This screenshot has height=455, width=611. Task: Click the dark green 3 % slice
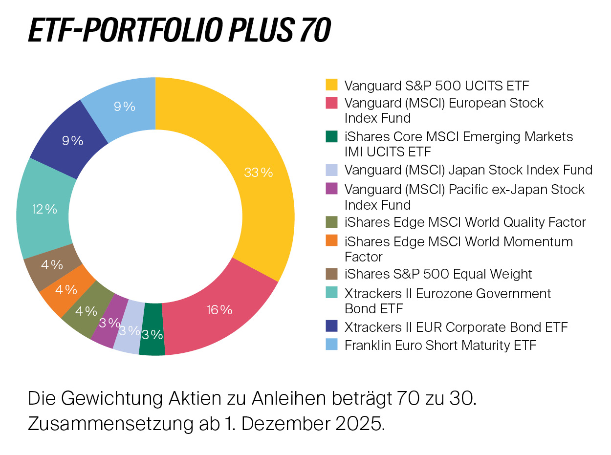[152, 335]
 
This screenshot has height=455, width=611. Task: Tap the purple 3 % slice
[109, 323]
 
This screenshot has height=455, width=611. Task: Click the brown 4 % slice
[51, 265]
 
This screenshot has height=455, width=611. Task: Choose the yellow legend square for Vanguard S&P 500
[332, 85]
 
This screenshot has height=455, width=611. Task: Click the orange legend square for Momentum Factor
[332, 241]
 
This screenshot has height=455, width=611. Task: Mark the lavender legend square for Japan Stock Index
[332, 170]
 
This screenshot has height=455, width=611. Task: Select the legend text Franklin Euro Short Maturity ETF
[440, 345]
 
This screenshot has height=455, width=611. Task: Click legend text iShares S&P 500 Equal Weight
[438, 274]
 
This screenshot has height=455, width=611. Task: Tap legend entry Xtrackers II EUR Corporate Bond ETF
[456, 326]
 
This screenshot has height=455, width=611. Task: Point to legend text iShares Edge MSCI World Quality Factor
[465, 222]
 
